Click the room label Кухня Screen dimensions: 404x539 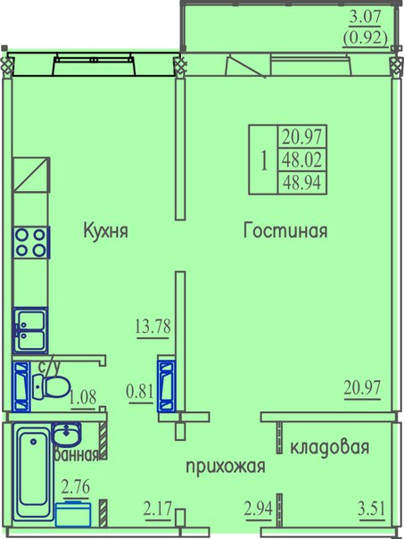pyautogui.click(x=105, y=230)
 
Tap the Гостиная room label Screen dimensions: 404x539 pyautogui.click(x=285, y=230)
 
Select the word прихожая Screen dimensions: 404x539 pyautogui.click(x=226, y=468)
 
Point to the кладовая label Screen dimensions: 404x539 pyautogui.click(x=330, y=447)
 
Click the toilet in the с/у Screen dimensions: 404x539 pyautogui.click(x=52, y=386)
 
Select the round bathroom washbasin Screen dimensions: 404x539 pyautogui.click(x=66, y=435)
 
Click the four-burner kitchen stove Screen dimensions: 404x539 pyautogui.click(x=31, y=243)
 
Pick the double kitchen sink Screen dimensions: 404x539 pyautogui.click(x=30, y=330)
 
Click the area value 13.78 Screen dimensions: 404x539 pyautogui.click(x=153, y=327)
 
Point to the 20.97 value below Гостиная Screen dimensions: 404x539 pyautogui.click(x=362, y=388)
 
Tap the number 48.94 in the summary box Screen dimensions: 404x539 pyautogui.click(x=302, y=183)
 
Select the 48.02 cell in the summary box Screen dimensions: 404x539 pyautogui.click(x=302, y=160)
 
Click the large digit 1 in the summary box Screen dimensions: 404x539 pyautogui.click(x=264, y=161)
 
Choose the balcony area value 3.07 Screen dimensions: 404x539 pyautogui.click(x=365, y=17)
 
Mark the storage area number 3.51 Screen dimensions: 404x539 pyautogui.click(x=371, y=509)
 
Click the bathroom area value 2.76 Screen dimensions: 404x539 pyautogui.click(x=76, y=487)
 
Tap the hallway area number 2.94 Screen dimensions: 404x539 pyautogui.click(x=259, y=509)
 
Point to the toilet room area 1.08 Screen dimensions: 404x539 pyautogui.click(x=83, y=398)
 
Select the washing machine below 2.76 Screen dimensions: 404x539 pyautogui.click(x=73, y=514)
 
